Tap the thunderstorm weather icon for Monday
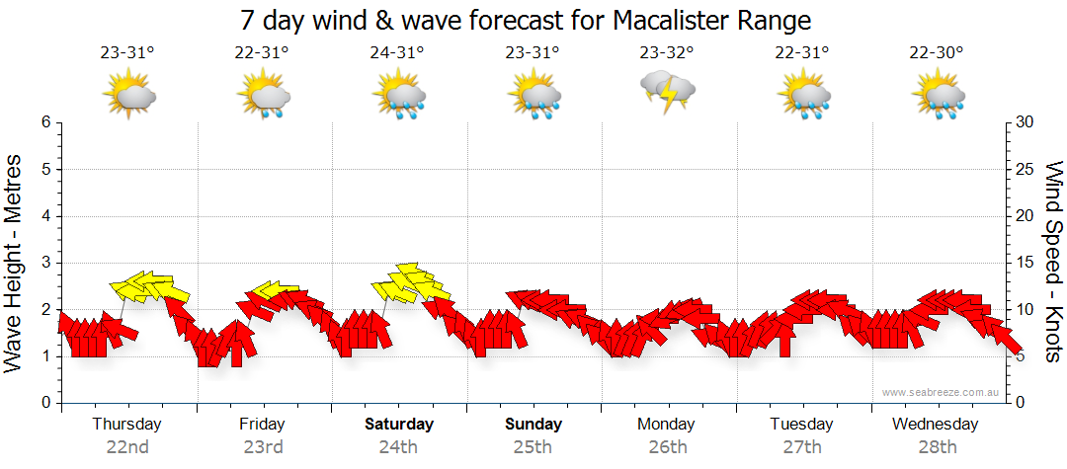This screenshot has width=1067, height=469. pos(668,92)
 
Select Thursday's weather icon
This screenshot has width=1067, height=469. pos(128,95)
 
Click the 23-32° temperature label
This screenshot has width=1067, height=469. pos(668,52)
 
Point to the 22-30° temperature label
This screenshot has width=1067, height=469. pos(938,52)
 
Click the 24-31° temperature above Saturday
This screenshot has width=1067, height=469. pos(397,52)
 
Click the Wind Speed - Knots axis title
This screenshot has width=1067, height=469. pos(1052,262)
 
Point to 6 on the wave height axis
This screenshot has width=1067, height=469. pos(45,122)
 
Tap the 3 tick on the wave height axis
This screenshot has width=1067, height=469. pos(45,263)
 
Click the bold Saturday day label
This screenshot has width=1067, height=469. pos(398,425)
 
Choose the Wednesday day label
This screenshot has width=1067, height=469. pos(935,425)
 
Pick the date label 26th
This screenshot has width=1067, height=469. pos(668,446)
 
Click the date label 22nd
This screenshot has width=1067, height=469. pos(127,446)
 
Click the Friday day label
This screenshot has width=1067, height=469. pos(262,425)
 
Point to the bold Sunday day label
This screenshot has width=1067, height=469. pos(533,425)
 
